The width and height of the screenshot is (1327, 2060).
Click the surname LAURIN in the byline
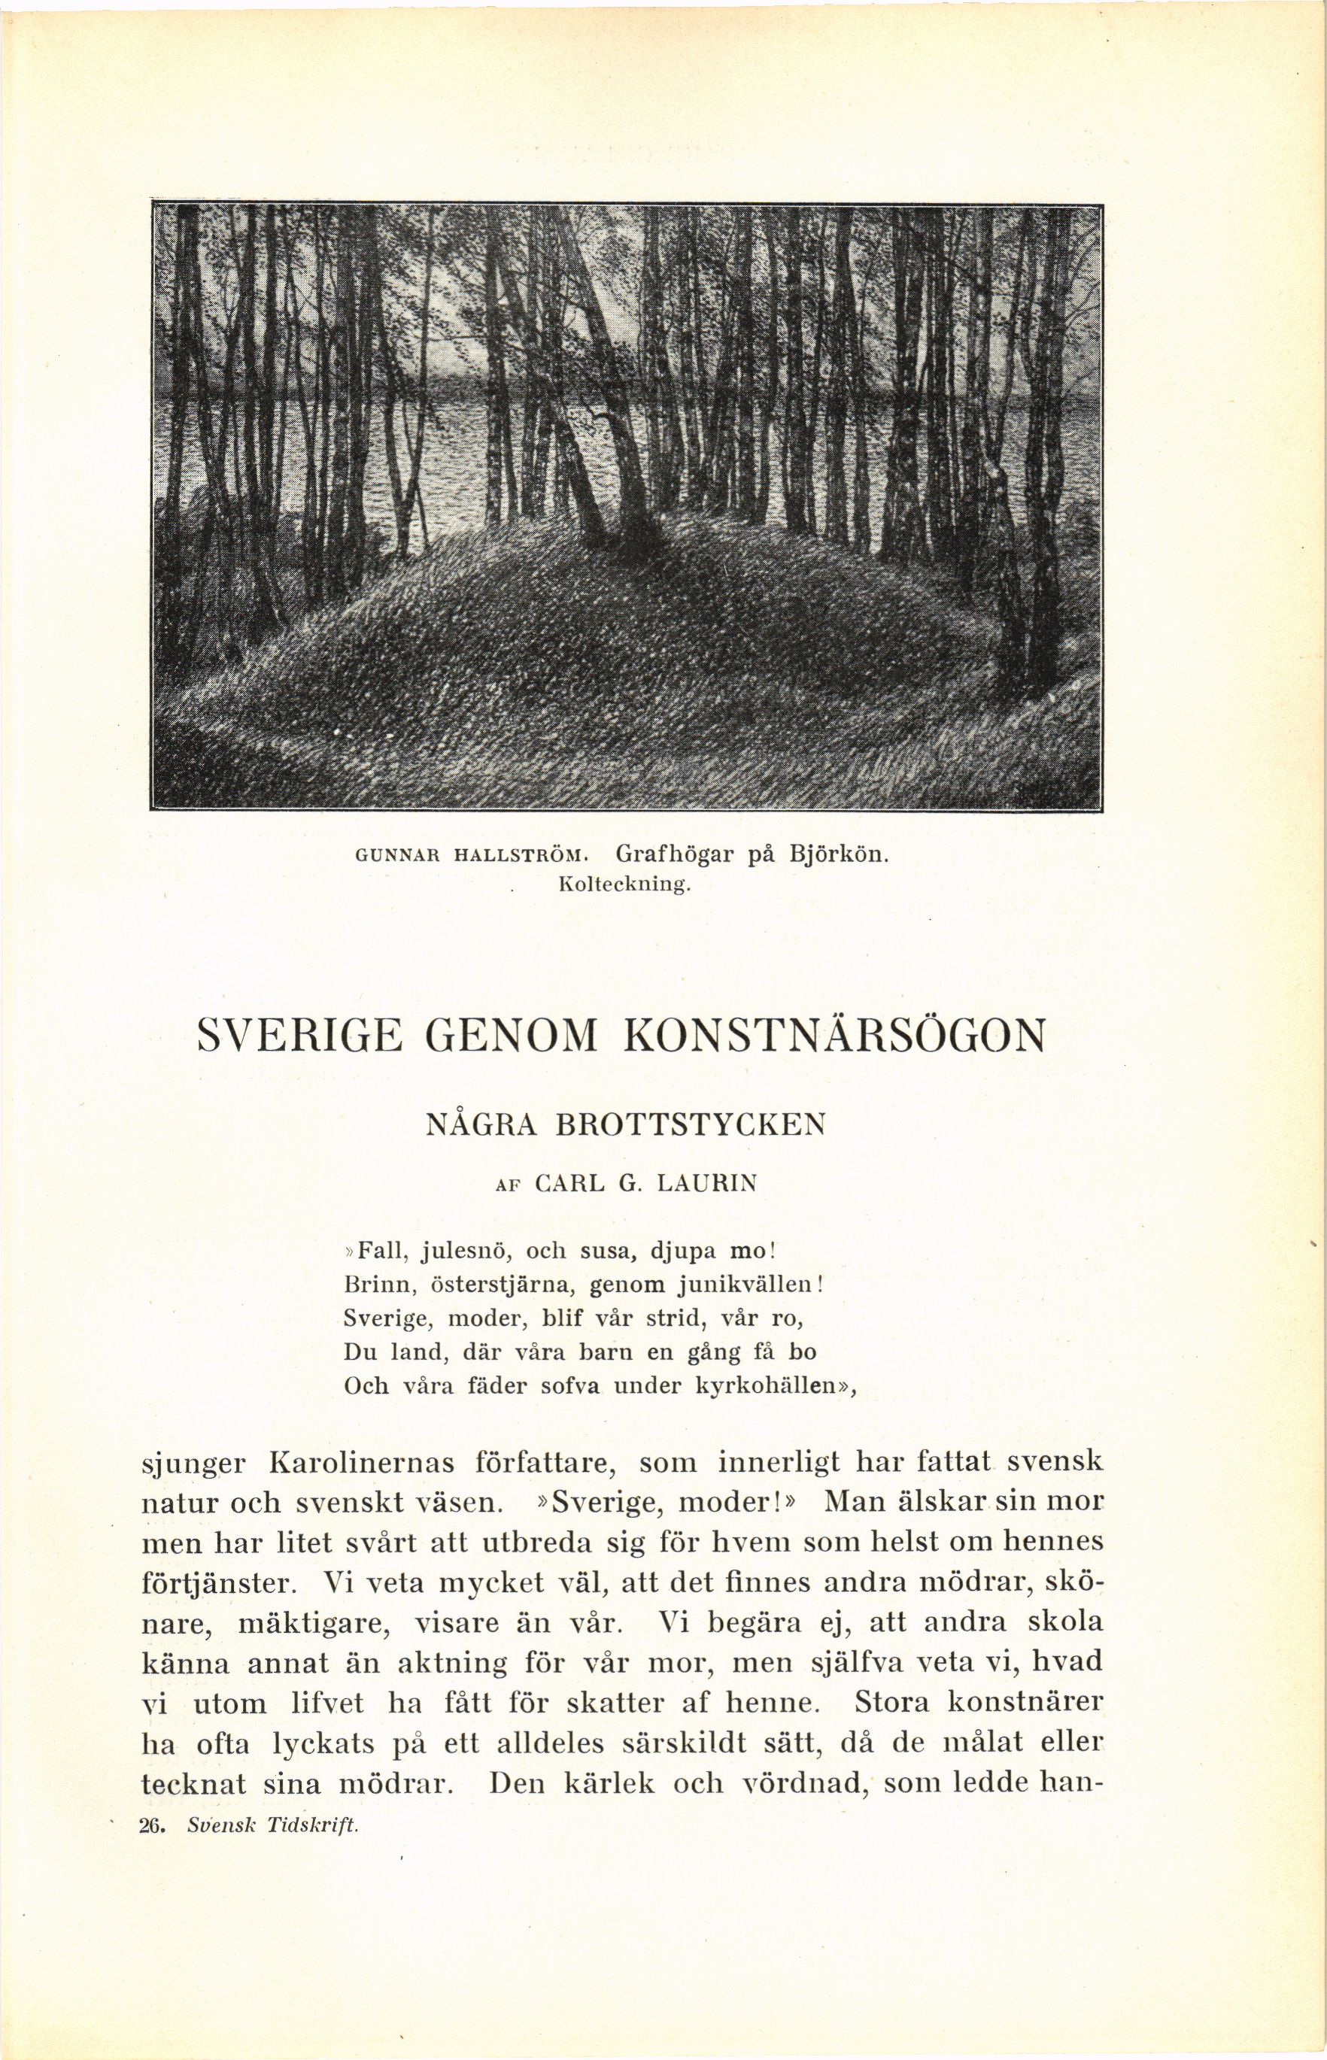click(x=706, y=1184)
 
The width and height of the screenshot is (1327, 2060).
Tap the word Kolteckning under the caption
click(x=624, y=884)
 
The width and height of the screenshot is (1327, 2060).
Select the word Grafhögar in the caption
click(x=675, y=856)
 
